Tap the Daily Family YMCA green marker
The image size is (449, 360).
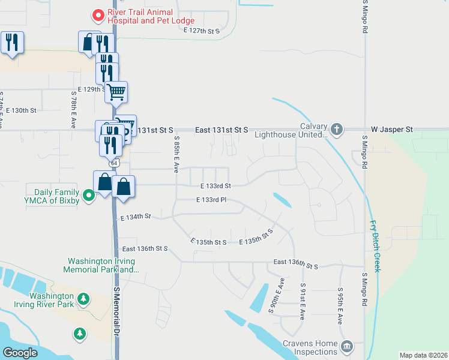tap(89, 195)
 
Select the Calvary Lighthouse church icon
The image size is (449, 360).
tap(337, 128)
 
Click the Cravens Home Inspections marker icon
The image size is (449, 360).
tap(346, 346)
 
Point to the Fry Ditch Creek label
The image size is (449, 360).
tap(375, 245)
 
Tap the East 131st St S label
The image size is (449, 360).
tap(221, 130)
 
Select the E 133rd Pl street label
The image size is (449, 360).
tap(211, 200)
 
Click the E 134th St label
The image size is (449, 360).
tap(135, 217)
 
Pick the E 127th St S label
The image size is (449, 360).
tap(202, 30)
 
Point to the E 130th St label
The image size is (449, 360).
tap(21, 110)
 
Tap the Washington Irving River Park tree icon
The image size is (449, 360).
tap(85, 298)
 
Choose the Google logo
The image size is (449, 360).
tap(20, 353)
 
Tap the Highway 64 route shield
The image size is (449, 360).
tap(113, 163)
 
